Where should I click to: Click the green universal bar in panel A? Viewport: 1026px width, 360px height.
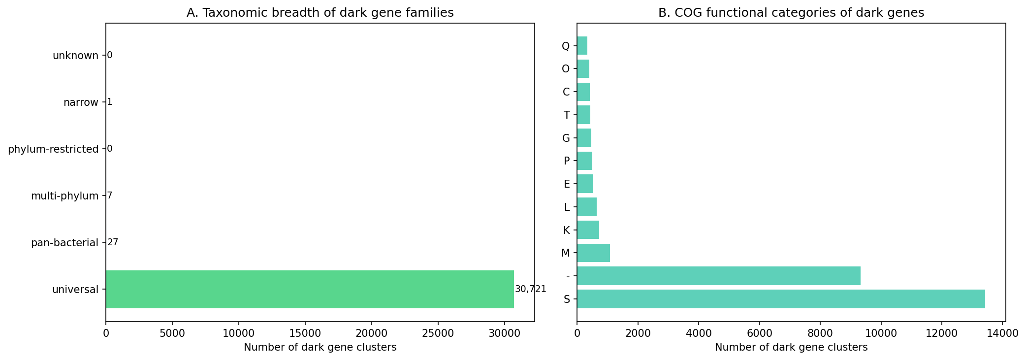[310, 289]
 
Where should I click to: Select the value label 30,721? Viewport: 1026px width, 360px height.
[530, 289]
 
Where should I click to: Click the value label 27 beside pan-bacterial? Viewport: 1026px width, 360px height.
[113, 242]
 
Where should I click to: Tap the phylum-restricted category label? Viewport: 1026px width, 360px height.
[53, 149]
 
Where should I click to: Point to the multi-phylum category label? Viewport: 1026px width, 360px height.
[64, 196]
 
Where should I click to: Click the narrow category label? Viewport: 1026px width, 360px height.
[81, 102]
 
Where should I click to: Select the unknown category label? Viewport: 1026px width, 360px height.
[75, 56]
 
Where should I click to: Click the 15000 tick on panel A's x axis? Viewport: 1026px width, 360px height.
[305, 333]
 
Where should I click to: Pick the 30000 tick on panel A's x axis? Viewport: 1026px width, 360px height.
[504, 333]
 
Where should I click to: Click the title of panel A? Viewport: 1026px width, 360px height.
[320, 13]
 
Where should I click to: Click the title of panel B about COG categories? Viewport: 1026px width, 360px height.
[791, 13]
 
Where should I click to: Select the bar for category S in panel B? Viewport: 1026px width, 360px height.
[781, 299]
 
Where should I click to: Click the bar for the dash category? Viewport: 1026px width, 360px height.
[718, 276]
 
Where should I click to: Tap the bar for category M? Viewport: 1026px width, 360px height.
[593, 253]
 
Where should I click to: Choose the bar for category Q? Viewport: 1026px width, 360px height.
[582, 46]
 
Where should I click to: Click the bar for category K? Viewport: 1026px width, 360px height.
[588, 230]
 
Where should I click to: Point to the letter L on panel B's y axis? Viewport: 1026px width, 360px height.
[567, 207]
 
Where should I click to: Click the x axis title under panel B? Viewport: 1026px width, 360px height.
[791, 347]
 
